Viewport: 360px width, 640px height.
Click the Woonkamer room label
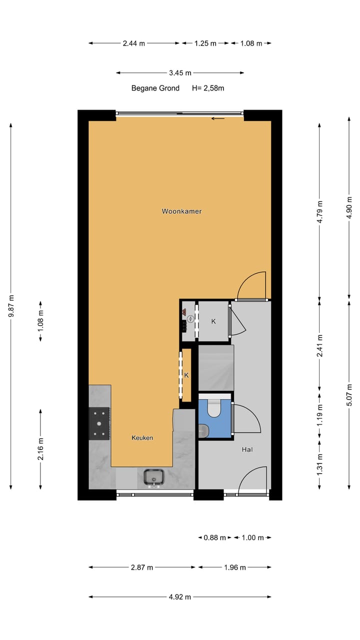pos(181,211)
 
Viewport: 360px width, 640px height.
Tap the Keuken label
pos(142,437)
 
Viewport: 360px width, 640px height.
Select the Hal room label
pos(247,449)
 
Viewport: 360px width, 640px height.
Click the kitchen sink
pos(153,477)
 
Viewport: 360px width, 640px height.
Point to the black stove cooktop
pos(99,423)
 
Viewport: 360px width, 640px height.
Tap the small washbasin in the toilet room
pos(203,430)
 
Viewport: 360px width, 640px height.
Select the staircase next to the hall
pos(215,367)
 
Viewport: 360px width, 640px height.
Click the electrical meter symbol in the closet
pos(190,319)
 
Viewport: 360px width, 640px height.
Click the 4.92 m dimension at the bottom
pos(180,596)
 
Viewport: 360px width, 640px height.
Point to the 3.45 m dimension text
pos(180,73)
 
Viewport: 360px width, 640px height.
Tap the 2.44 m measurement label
pos(134,43)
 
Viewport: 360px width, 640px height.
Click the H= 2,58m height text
pos(208,88)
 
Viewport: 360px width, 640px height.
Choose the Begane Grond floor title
pos(155,88)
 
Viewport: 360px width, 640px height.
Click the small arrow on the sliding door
pos(217,118)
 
